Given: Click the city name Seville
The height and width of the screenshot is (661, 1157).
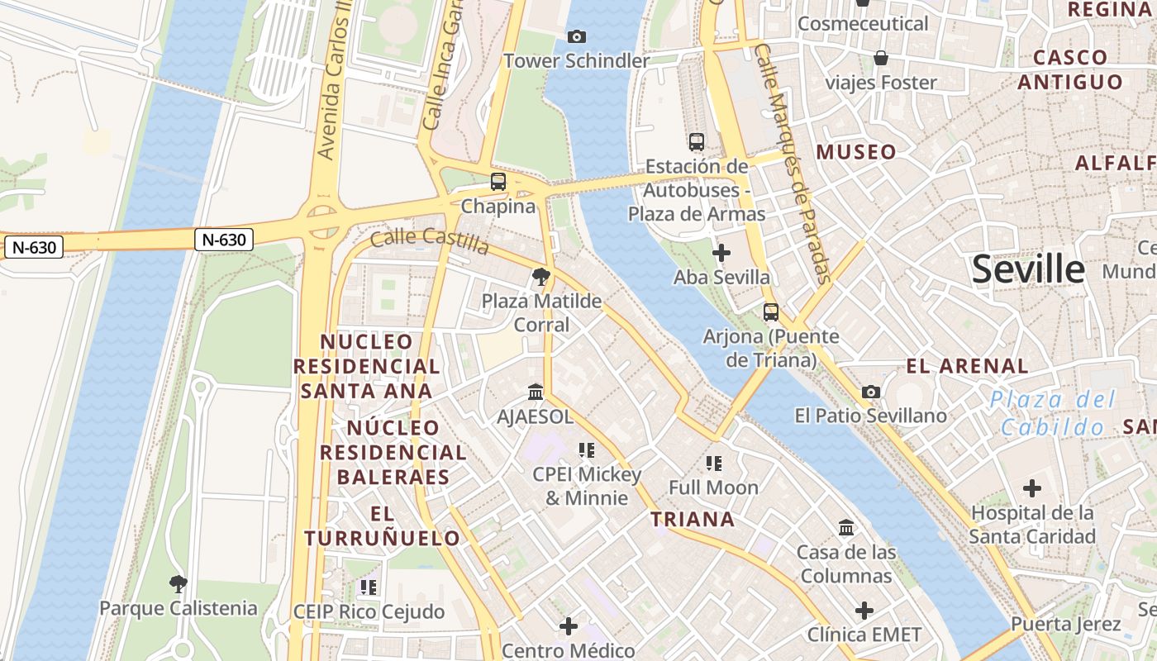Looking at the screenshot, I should [1027, 269].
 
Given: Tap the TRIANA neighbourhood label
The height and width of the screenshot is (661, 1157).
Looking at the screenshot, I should [693, 519].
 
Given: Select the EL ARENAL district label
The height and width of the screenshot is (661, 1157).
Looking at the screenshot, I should [967, 366].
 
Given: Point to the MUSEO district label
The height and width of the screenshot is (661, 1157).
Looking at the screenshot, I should [856, 152].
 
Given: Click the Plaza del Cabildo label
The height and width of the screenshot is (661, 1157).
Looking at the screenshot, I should [1053, 413].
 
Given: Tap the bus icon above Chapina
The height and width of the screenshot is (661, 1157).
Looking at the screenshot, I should [498, 182].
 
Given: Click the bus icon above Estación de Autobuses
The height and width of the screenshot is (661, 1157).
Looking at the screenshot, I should [696, 141].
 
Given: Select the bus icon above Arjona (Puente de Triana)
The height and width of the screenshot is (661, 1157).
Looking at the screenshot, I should [770, 311].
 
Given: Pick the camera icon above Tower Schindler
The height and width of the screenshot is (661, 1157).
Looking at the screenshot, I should [577, 36].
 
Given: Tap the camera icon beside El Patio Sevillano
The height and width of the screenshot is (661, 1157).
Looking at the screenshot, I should [870, 392].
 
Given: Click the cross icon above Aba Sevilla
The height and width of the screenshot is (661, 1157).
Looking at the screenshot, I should [721, 253].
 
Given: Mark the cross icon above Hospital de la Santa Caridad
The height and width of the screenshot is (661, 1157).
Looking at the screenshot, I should [1031, 488].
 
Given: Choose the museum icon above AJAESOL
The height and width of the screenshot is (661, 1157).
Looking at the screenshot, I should [535, 392].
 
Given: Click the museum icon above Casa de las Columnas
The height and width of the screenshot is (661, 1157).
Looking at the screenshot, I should [845, 527].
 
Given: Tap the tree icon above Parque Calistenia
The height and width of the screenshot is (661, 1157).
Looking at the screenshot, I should [178, 584].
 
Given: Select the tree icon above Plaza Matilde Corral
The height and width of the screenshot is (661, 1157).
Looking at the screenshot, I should [541, 276].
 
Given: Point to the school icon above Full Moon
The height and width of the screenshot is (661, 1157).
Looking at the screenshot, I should [713, 463].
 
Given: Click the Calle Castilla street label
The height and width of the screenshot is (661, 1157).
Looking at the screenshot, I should [430, 240].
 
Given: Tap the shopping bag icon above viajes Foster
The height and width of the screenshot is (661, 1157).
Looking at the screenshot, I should [881, 58].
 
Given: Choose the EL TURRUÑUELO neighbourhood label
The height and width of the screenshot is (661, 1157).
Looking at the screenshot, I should [382, 525].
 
